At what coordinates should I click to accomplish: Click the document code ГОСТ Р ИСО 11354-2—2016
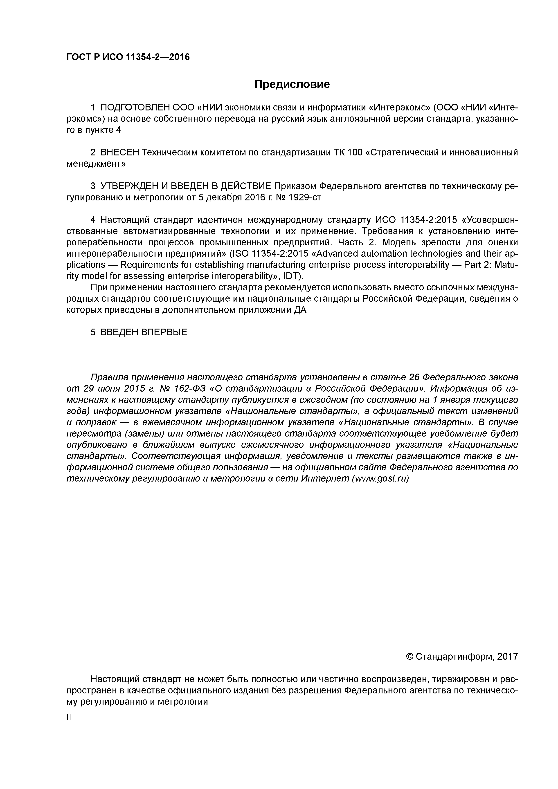coord(128,57)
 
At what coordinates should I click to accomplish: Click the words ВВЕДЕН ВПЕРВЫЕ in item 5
coord(143,332)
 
